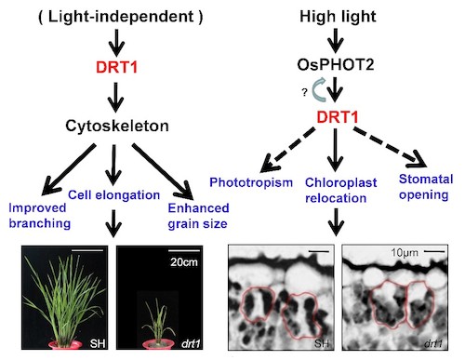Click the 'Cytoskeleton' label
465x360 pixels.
pos(117,127)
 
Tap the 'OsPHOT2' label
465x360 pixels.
pos(336,65)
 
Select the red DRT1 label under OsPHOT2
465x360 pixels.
pos(338,117)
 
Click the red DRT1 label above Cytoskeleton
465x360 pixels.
pos(116,67)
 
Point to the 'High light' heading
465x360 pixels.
pos(338,17)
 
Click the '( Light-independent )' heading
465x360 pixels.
pos(121,17)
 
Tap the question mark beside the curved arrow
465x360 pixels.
pos(305,92)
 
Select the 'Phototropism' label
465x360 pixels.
pos(251,182)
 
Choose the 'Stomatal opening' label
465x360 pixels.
pos(426,187)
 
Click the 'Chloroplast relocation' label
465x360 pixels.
pos(340,190)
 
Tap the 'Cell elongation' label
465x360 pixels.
pos(113,195)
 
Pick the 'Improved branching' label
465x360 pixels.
pos(40,216)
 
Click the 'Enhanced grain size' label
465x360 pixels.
pos(198,216)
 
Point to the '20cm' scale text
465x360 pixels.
pos(184,262)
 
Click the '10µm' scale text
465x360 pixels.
pos(405,253)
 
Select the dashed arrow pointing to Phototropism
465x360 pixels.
pos(287,150)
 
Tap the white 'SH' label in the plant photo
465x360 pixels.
pos(98,343)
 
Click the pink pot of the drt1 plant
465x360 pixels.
pos(159,344)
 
